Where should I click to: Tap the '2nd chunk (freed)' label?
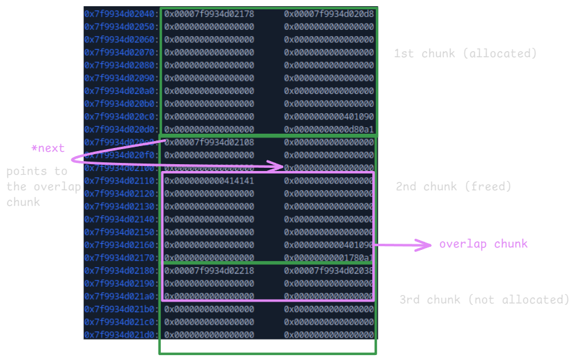click(x=453, y=187)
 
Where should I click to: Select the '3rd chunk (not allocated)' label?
click(x=484, y=300)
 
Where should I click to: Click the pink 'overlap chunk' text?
click(x=483, y=244)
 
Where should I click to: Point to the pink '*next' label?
click(x=48, y=149)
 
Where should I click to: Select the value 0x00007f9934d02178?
click(x=209, y=14)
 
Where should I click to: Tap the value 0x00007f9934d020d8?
click(x=329, y=14)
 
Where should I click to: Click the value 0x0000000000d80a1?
click(x=329, y=129)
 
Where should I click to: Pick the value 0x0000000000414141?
click(x=209, y=181)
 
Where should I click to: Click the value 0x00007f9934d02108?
click(x=209, y=142)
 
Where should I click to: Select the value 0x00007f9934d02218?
click(x=209, y=270)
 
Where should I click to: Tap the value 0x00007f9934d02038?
click(x=329, y=270)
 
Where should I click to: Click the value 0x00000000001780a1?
click(x=329, y=257)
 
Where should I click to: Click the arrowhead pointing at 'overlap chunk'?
click(x=426, y=245)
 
